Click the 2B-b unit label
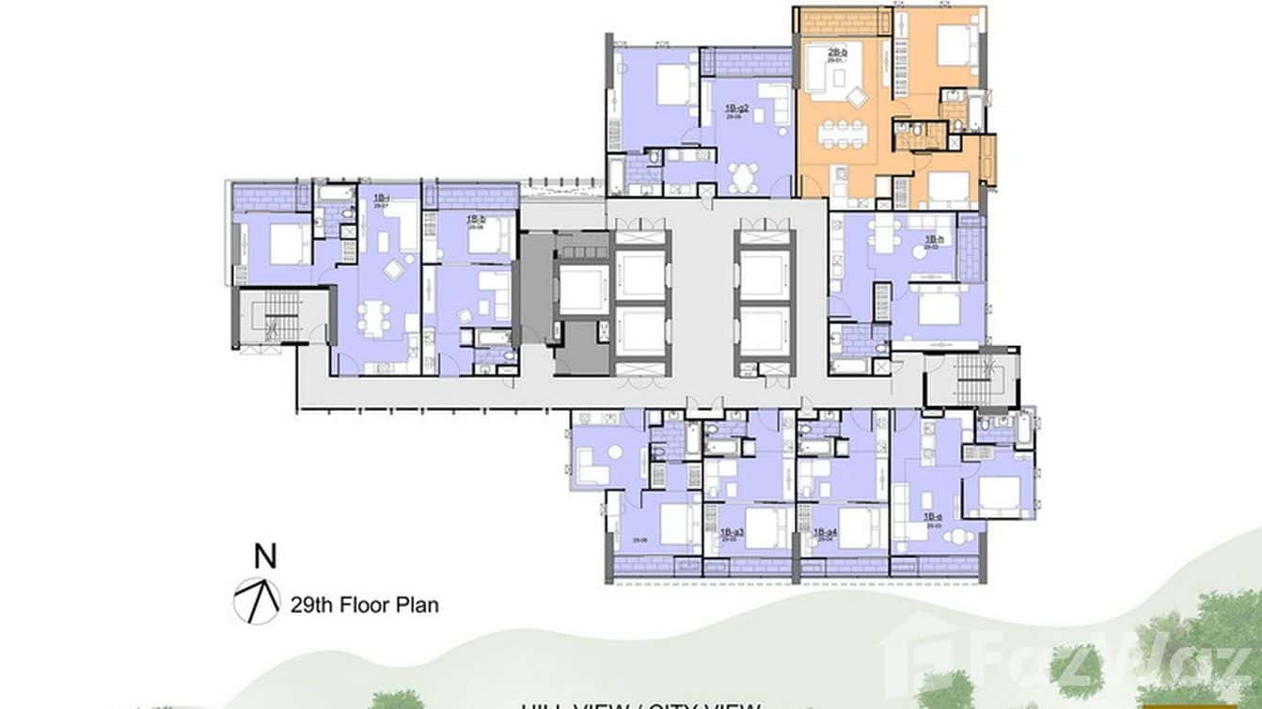click(x=837, y=54)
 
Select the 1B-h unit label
click(x=933, y=241)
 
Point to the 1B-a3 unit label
click(x=732, y=533)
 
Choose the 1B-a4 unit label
click(x=826, y=533)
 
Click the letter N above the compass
click(x=266, y=557)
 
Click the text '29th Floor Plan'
click(x=364, y=605)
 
